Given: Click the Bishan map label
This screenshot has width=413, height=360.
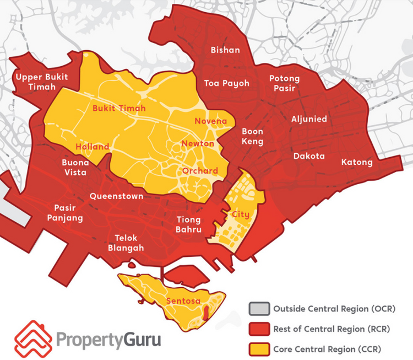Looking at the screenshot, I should tap(225, 50).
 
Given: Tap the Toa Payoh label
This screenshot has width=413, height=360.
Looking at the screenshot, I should tap(226, 83).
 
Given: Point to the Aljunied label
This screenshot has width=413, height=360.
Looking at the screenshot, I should tap(309, 119).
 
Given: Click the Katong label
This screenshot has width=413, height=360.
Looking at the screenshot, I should tap(357, 162).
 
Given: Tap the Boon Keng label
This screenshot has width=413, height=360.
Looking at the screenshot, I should tap(253, 137).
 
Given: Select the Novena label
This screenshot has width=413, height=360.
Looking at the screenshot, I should tap(211, 121).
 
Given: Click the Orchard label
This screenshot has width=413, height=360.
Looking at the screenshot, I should tap(200, 171).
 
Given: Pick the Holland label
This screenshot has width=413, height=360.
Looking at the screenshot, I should tap(93, 147).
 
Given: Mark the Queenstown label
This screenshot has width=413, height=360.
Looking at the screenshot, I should tap(116, 196).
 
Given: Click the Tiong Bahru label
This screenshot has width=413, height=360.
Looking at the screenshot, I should tap(189, 224).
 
